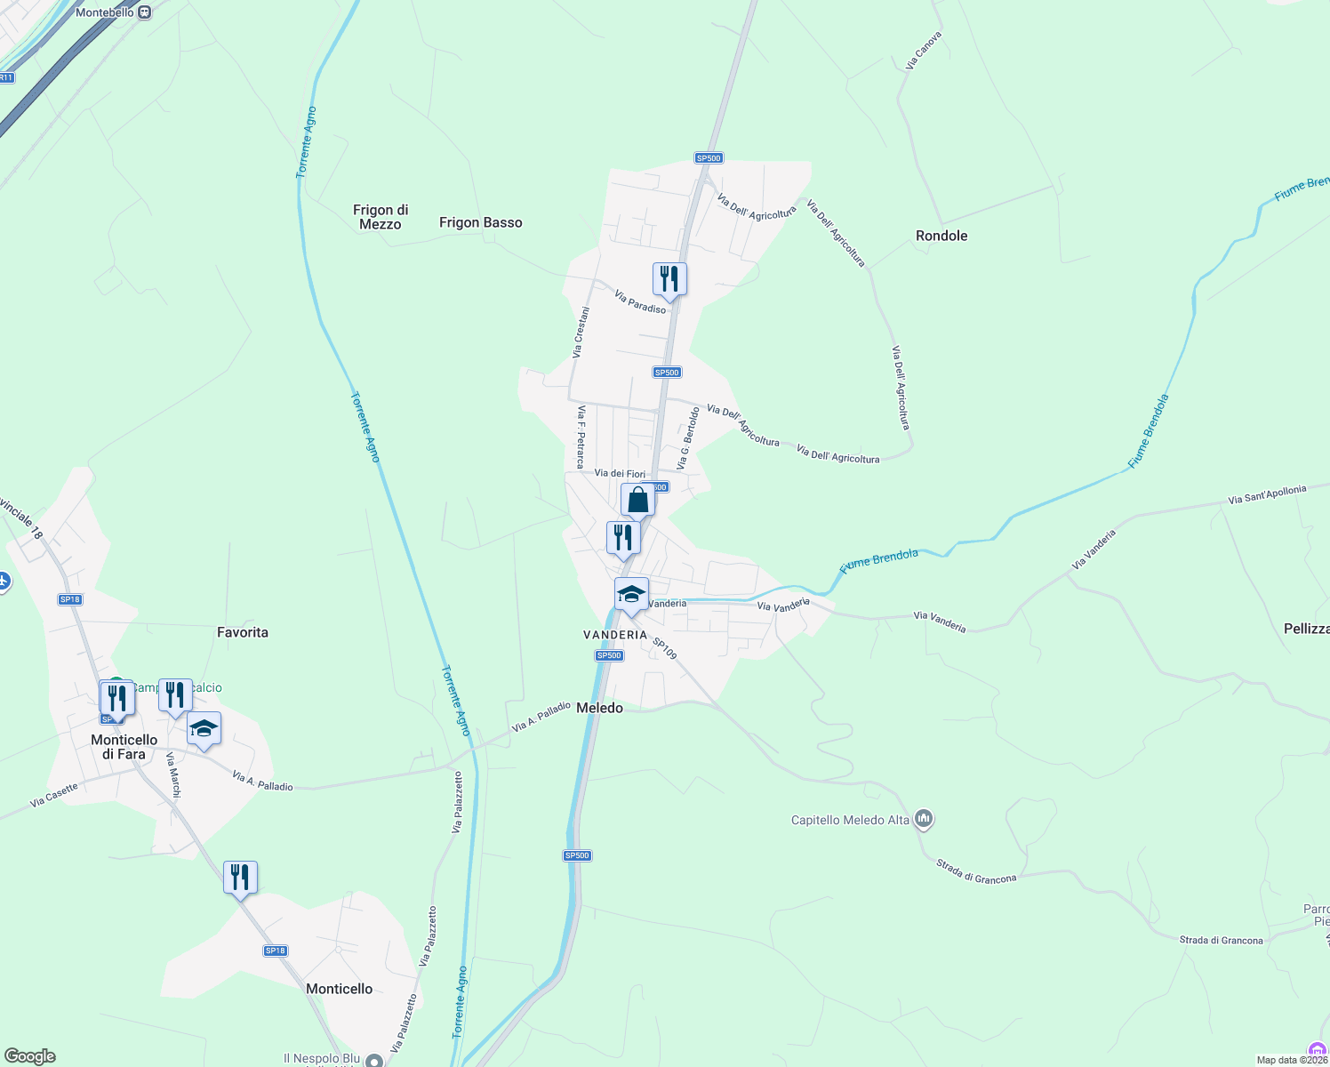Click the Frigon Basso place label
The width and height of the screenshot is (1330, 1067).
click(480, 222)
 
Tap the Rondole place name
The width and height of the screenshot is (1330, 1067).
click(941, 236)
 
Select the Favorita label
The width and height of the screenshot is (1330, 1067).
click(242, 632)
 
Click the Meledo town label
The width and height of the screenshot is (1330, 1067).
click(599, 708)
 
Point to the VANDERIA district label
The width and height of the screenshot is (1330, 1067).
click(615, 635)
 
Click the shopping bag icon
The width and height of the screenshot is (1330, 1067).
click(637, 501)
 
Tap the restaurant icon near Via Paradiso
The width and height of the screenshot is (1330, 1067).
click(669, 279)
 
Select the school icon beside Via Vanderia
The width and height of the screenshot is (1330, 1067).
click(631, 594)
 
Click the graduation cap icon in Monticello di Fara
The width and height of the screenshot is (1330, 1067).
click(204, 729)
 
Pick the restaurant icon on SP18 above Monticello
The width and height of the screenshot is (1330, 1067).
click(240, 878)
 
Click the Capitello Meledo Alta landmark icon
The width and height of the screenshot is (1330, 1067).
click(924, 818)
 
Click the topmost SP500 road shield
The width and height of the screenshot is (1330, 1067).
click(709, 158)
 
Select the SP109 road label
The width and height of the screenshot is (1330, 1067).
click(665, 648)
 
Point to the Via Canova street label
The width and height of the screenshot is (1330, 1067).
click(923, 51)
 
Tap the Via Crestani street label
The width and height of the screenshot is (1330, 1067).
click(581, 333)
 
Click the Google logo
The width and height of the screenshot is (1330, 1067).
click(30, 1056)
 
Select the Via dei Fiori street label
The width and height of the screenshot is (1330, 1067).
click(620, 474)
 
